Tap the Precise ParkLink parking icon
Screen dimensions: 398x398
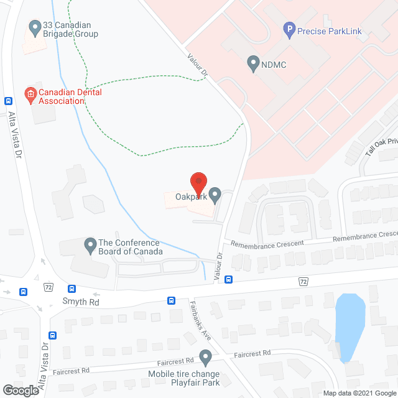[288, 28]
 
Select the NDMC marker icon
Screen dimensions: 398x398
[252, 62]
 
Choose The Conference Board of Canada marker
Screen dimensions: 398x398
[90, 243]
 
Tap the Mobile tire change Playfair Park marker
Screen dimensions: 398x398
[205, 357]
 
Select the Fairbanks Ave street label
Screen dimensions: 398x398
[198, 322]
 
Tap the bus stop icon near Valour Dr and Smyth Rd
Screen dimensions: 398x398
[229, 279]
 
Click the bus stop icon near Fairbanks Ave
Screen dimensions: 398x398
[171, 300]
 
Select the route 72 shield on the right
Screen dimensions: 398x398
[303, 282]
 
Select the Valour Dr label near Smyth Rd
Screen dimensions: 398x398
[219, 265]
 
